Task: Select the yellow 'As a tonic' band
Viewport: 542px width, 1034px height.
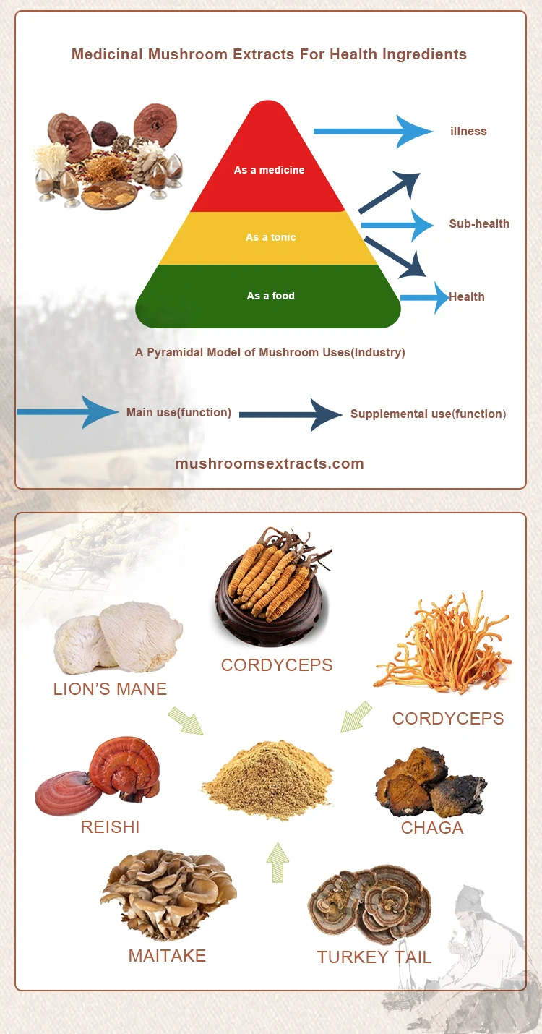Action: click(270, 237)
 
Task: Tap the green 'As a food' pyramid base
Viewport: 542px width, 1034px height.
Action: click(270, 296)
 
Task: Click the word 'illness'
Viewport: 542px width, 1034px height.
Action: click(468, 131)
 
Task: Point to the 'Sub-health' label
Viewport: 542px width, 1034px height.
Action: click(479, 223)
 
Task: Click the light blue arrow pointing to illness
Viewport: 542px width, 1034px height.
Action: click(372, 131)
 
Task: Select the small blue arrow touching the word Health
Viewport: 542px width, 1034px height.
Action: click(425, 297)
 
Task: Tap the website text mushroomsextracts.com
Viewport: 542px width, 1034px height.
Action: click(270, 463)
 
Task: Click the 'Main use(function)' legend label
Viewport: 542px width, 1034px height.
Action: click(178, 412)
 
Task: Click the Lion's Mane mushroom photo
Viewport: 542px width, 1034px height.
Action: click(118, 637)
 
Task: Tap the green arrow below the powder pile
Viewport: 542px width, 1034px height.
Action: click(277, 861)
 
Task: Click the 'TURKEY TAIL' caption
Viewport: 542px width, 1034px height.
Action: click(374, 957)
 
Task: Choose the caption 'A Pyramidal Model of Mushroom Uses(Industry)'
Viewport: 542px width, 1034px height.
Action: click(270, 353)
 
